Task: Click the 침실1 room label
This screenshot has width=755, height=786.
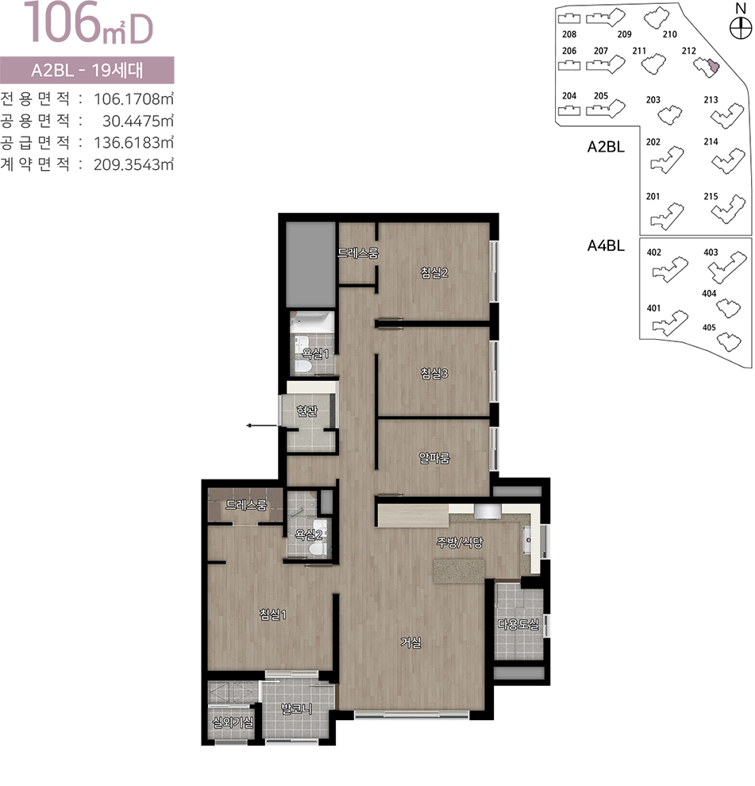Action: pyautogui.click(x=273, y=614)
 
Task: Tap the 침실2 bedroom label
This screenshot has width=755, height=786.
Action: pyautogui.click(x=434, y=272)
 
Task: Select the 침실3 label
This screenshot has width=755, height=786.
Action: pyautogui.click(x=434, y=373)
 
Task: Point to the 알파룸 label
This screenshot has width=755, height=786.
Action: pyautogui.click(x=434, y=457)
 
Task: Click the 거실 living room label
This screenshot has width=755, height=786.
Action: pyautogui.click(x=410, y=642)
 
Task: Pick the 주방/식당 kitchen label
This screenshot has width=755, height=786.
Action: pyautogui.click(x=460, y=542)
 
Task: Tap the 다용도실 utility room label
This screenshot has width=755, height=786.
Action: pyautogui.click(x=518, y=624)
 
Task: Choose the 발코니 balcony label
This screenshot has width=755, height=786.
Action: pyautogui.click(x=297, y=708)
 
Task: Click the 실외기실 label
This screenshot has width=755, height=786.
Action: pyautogui.click(x=233, y=722)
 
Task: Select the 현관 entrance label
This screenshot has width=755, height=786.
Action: pyautogui.click(x=306, y=411)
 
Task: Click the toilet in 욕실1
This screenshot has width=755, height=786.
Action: pyautogui.click(x=302, y=366)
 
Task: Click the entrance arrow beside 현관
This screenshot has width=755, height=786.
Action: pyautogui.click(x=262, y=426)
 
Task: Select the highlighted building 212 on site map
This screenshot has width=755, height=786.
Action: pyautogui.click(x=712, y=66)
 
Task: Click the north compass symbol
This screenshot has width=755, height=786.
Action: pyautogui.click(x=740, y=28)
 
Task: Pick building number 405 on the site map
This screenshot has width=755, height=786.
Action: pyautogui.click(x=709, y=327)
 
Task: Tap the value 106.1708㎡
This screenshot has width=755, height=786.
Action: pyautogui.click(x=133, y=98)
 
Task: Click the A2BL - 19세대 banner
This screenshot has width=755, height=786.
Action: pyautogui.click(x=87, y=70)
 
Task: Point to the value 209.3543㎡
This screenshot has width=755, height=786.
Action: pyautogui.click(x=133, y=164)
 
